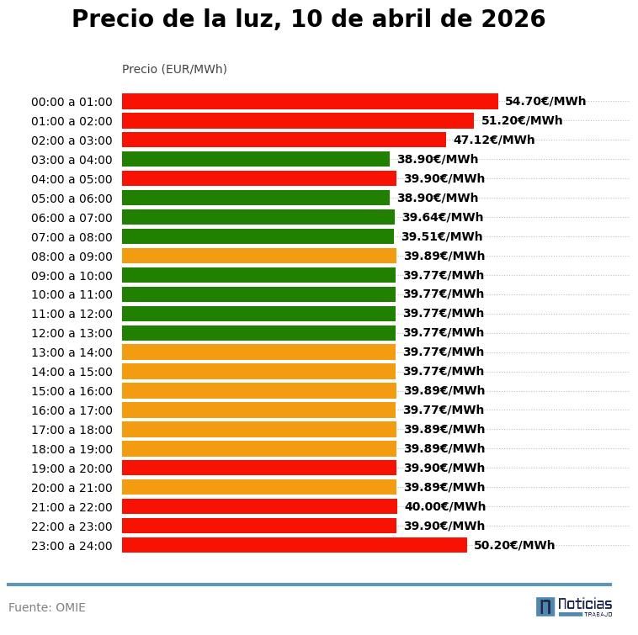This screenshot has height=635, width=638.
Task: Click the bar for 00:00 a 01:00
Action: (310, 102)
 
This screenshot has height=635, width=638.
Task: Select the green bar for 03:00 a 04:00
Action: (256, 159)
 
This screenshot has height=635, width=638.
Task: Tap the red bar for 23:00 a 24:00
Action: (295, 545)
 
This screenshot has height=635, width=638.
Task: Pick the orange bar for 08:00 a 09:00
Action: (259, 256)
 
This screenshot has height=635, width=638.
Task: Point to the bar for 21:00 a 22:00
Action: (259, 506)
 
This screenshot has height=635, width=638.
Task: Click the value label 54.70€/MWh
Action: (545, 102)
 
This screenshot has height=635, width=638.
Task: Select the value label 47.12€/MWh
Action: (494, 140)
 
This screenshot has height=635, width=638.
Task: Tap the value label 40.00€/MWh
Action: (444, 507)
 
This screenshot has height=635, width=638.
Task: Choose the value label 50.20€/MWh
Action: (514, 545)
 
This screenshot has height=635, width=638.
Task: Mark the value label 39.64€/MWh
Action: (443, 218)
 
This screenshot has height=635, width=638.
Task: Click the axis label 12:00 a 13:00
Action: (72, 333)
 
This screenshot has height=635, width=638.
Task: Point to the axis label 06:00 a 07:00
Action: (72, 218)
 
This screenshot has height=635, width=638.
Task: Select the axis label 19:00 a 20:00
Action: (72, 468)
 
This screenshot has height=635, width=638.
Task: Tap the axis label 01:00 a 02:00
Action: (72, 121)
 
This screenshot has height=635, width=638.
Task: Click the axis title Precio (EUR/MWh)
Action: (174, 69)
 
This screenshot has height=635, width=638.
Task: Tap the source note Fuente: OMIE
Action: (47, 607)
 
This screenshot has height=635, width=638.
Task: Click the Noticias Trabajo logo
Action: (574, 606)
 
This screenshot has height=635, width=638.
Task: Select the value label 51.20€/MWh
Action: (522, 121)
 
